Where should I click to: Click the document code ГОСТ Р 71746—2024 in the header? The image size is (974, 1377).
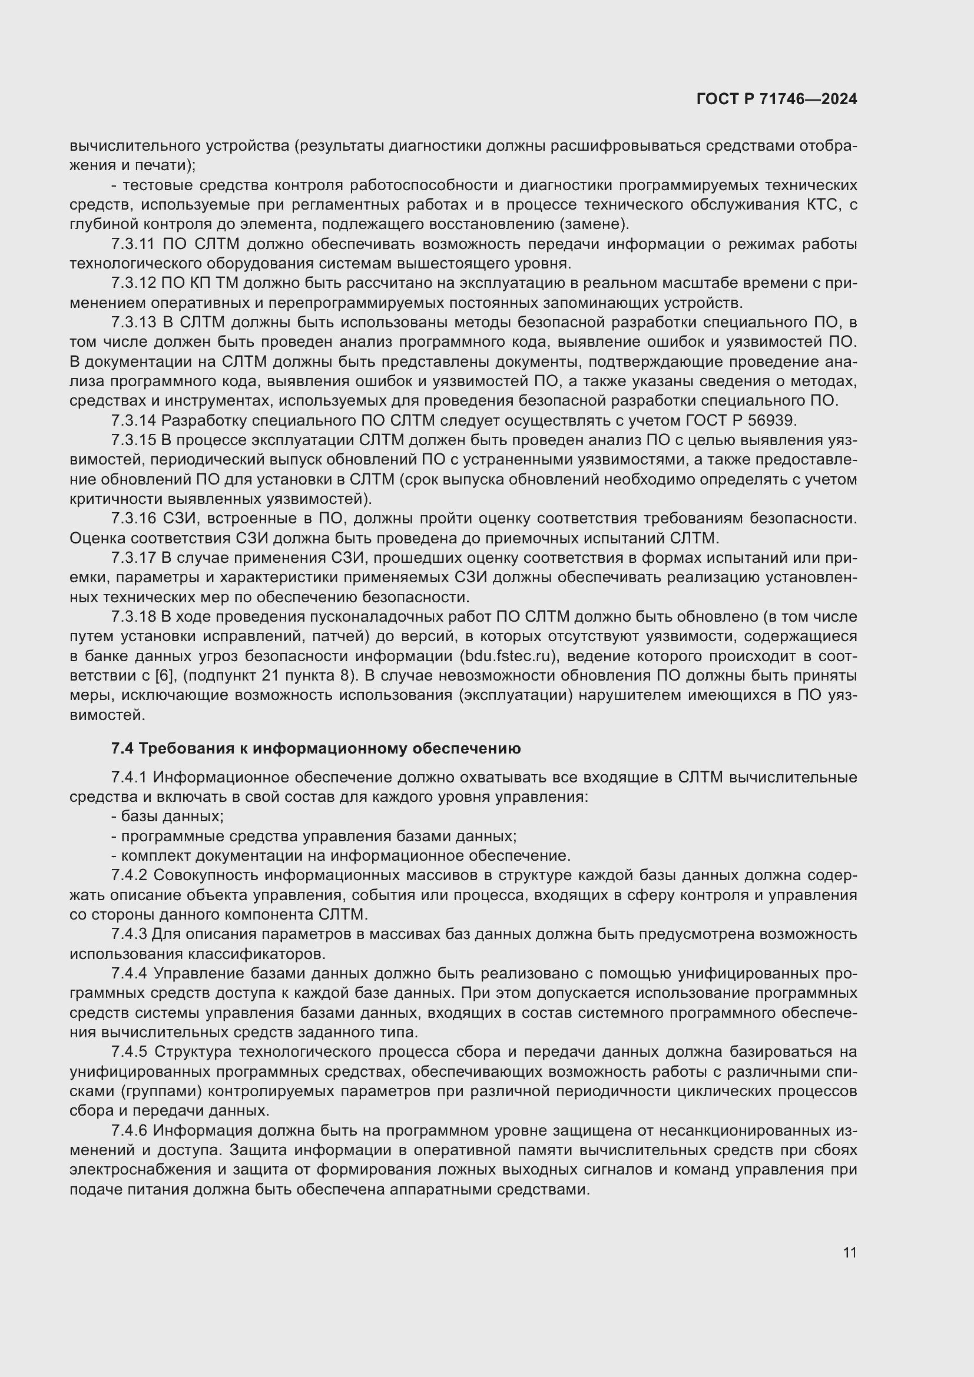tap(777, 99)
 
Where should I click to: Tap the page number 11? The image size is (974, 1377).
tap(849, 1252)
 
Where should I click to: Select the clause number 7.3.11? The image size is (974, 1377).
tap(133, 244)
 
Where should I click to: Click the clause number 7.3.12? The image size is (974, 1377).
tap(133, 283)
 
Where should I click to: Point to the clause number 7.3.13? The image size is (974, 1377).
tap(133, 322)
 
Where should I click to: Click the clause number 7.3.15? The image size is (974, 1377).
tap(133, 440)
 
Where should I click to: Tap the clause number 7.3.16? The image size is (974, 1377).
tap(133, 517)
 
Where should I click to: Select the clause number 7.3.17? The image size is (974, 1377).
tap(133, 557)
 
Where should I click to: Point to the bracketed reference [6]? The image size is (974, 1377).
tap(164, 675)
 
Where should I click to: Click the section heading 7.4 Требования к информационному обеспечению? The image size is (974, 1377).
tap(316, 748)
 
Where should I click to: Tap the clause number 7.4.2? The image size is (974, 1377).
tap(129, 875)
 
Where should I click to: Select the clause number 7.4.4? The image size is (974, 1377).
tap(129, 973)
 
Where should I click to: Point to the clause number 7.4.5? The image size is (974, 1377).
tap(129, 1051)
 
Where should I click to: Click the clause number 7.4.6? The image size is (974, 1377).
tap(129, 1130)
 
